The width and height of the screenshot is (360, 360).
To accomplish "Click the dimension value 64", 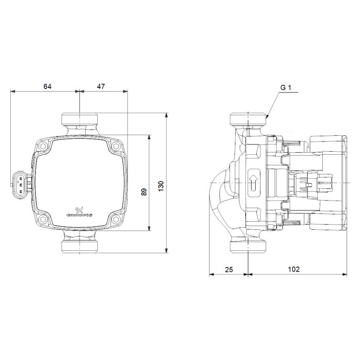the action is click(47, 86).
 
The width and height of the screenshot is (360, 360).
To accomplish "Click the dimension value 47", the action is click(101, 86).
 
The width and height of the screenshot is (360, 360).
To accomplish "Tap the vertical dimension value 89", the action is click(144, 192).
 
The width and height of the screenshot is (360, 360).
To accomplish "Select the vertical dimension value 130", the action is click(161, 186).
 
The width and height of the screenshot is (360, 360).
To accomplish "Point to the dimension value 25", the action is click(229, 269).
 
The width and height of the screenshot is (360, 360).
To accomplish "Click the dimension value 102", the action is click(294, 269).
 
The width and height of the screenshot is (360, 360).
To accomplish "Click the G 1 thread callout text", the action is click(286, 87).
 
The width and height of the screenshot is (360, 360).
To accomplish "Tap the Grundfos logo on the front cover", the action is click(79, 212).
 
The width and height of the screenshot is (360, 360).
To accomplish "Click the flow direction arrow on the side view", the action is click(254, 183).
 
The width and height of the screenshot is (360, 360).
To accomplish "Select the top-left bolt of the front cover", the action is click(43, 146).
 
